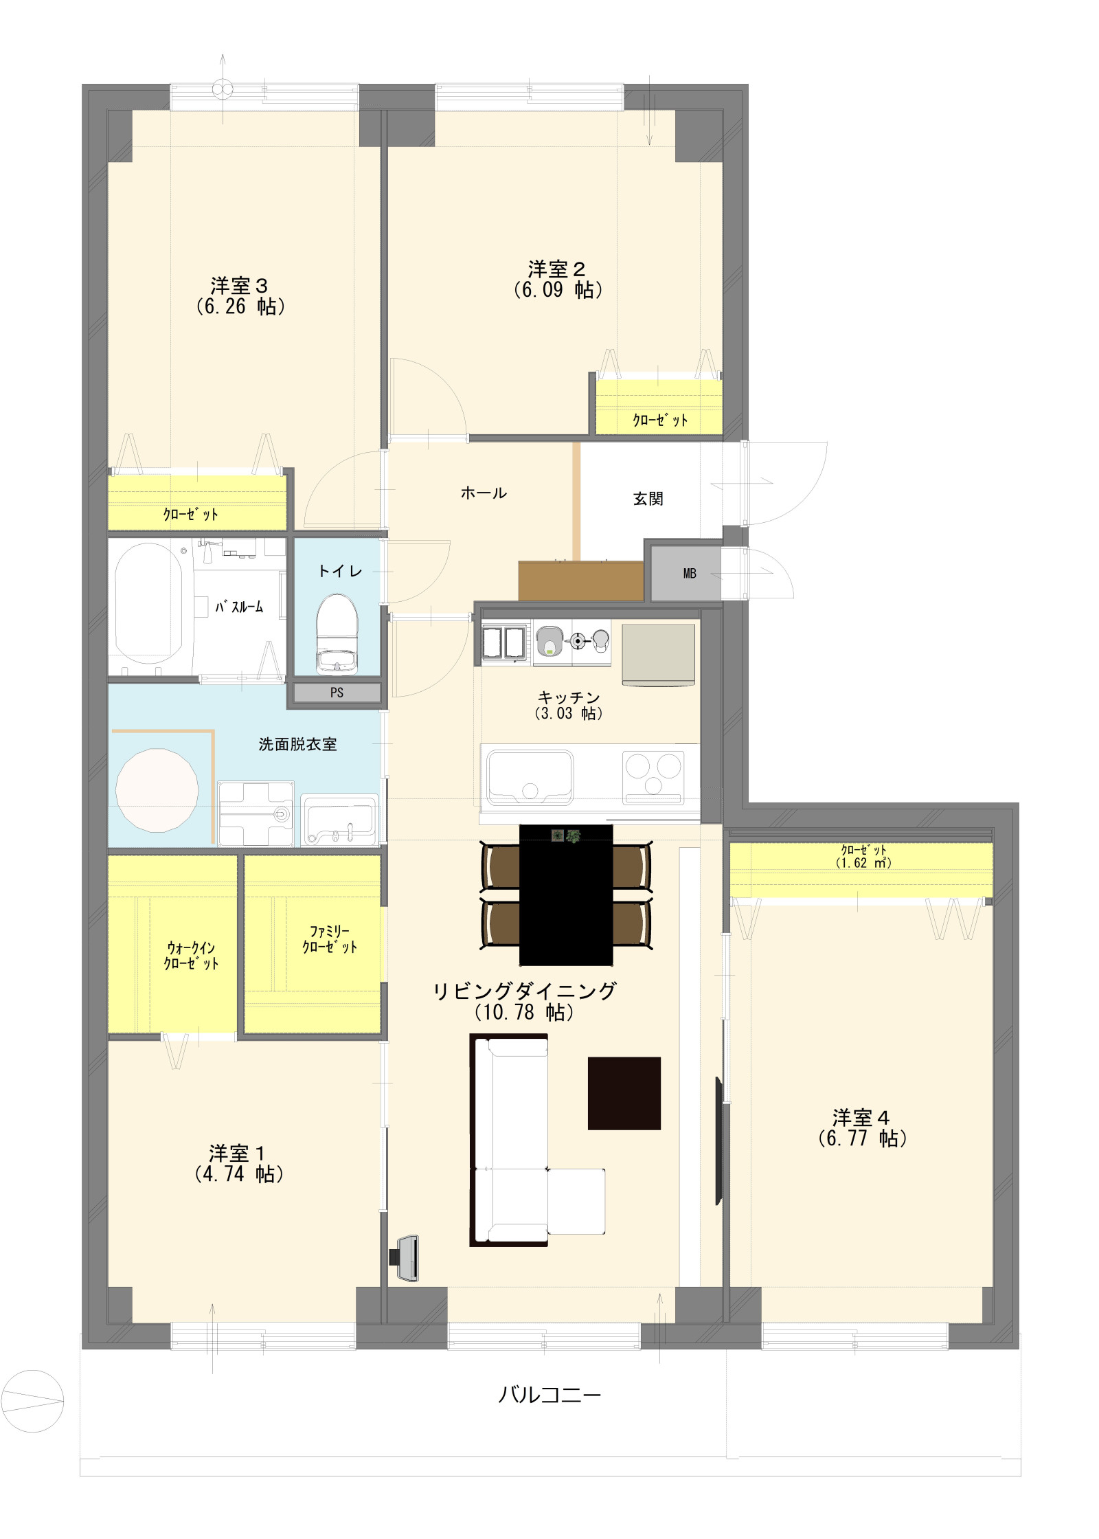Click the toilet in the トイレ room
(x=337, y=633)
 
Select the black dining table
(x=565, y=895)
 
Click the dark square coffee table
(x=624, y=1093)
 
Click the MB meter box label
(x=690, y=574)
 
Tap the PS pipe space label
(x=337, y=693)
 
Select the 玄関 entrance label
(x=648, y=499)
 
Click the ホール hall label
(x=484, y=493)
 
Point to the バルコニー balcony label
(x=549, y=1394)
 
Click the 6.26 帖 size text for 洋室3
(x=240, y=306)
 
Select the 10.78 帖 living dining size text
(x=524, y=1012)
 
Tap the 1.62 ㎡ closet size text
(x=863, y=863)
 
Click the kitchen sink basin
(x=530, y=777)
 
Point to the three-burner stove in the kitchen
(x=653, y=777)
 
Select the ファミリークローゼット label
(x=330, y=939)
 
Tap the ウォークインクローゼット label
(x=191, y=956)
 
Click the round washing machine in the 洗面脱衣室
(x=157, y=790)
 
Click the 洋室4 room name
(x=861, y=1118)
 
